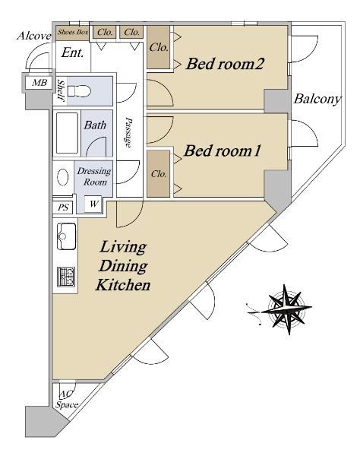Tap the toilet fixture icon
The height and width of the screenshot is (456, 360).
79,91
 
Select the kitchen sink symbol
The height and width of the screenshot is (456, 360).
67,236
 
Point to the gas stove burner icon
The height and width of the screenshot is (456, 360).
66,277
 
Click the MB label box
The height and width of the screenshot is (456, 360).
39,83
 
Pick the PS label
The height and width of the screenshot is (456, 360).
63,207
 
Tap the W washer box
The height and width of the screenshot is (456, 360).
93,204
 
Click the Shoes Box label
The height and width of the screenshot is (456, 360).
73,32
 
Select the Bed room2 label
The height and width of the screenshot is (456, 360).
225,63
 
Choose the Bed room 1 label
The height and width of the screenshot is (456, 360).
223,150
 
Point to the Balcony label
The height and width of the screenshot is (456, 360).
317,99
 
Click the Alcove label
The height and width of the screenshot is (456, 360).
34,36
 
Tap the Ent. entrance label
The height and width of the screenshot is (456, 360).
73,53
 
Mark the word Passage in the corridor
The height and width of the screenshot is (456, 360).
128,132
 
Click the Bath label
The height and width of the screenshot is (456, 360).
95,125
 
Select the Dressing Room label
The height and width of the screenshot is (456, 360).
94,176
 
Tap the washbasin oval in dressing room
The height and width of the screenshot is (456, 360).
63,177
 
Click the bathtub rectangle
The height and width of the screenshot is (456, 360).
67,133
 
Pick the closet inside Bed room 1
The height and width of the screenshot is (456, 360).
158,173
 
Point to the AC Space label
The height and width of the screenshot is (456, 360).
67,400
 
